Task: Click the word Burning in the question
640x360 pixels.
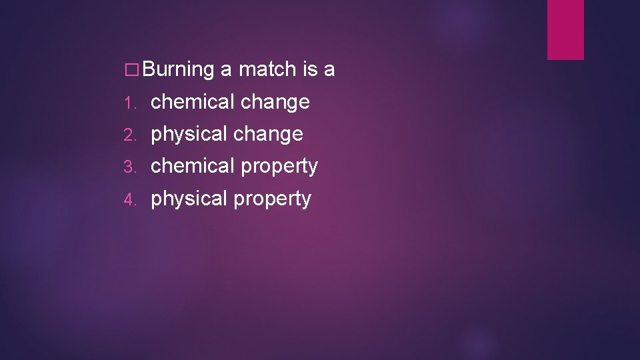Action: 177,69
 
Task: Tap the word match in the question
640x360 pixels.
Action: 267,69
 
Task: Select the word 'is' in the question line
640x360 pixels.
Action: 309,69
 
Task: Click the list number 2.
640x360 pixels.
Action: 130,135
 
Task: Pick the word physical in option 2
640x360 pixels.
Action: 189,135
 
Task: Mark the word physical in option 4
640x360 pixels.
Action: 189,199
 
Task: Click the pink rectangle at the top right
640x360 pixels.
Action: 565,29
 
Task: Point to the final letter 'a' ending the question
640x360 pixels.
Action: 329,69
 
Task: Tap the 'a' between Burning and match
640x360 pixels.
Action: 226,69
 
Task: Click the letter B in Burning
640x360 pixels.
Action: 149,69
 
